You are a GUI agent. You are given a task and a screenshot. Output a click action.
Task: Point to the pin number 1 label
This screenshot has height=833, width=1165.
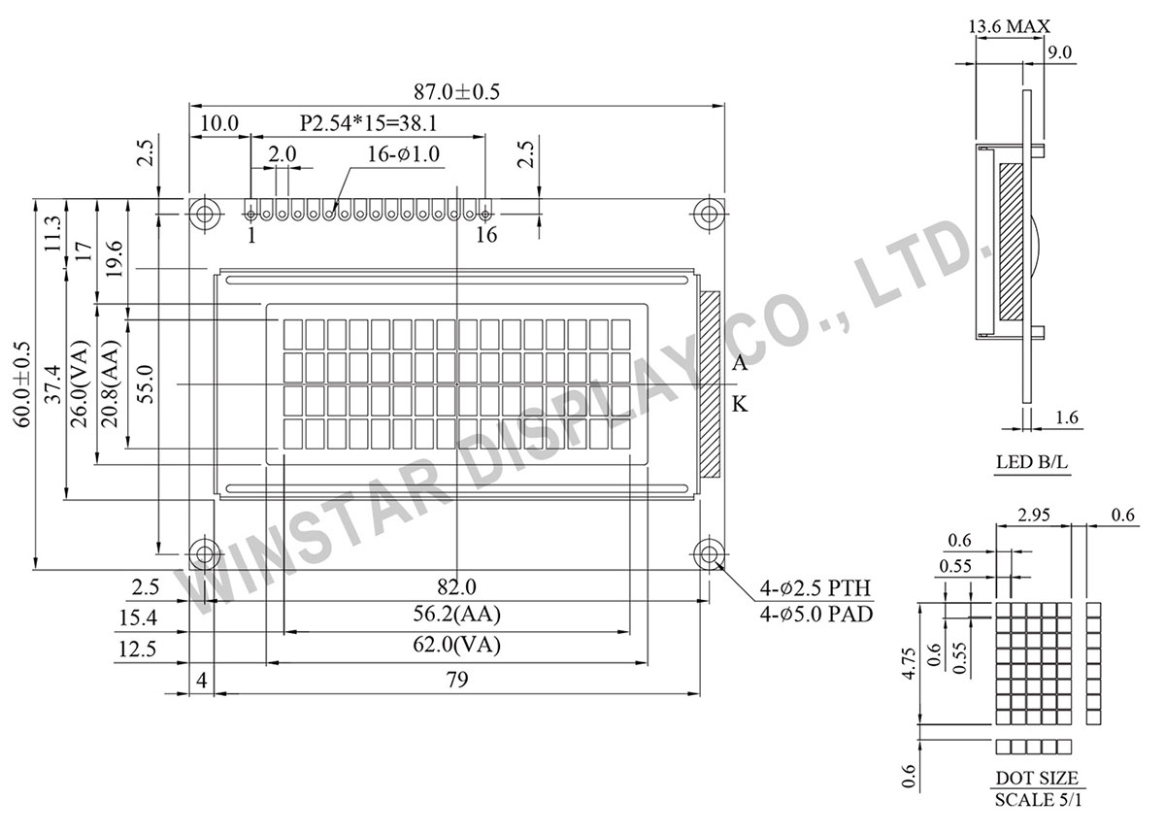pos(250,234)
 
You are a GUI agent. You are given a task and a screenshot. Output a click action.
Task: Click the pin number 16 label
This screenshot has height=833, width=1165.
pos(486,234)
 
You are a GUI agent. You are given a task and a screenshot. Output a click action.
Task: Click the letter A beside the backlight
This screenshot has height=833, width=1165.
pos(740,364)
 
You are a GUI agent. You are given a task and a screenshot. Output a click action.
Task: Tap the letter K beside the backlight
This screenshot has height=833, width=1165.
pos(740,405)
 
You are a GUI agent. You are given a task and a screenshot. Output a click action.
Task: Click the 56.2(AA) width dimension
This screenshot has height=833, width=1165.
pos(456,615)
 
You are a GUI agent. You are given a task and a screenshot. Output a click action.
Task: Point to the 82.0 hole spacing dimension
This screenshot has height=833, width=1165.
pos(456,586)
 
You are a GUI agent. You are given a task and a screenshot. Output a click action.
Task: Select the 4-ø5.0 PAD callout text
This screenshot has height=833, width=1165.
pos(816,615)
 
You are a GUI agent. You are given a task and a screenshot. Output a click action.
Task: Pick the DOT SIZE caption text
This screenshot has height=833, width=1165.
pos(1036,779)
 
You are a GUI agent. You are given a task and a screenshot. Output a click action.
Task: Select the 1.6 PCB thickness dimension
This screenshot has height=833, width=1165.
pos(1066,418)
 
